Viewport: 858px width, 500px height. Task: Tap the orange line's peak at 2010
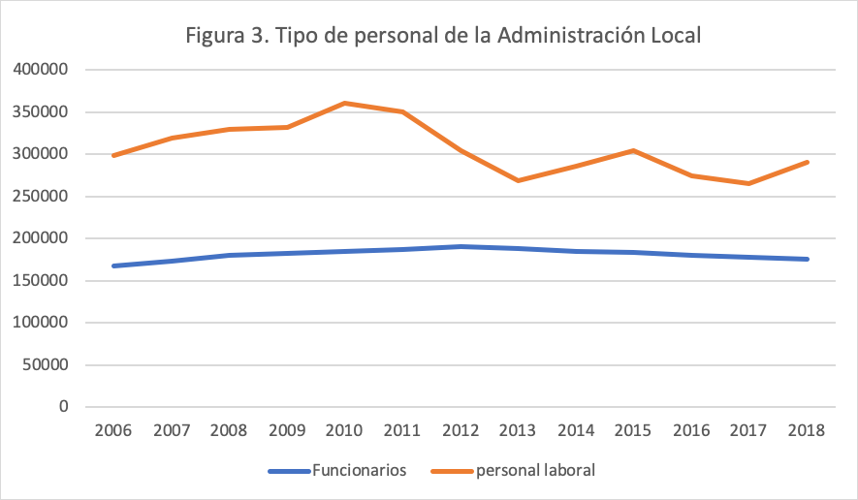point(345,103)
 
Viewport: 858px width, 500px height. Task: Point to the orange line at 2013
point(519,180)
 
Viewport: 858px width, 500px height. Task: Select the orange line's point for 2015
point(634,150)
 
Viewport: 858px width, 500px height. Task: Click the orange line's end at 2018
point(808,162)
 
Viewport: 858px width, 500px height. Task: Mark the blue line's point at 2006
point(114,266)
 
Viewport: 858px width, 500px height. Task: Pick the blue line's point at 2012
point(461,246)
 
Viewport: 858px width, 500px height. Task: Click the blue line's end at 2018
point(808,259)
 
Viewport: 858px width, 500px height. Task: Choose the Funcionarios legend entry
point(359,471)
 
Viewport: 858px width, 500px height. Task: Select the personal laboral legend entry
point(534,471)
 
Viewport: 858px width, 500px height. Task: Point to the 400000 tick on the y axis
point(41,70)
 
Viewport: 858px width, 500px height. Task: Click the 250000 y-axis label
point(41,197)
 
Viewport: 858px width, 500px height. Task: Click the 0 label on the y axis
point(63,407)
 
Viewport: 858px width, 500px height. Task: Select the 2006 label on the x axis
point(114,430)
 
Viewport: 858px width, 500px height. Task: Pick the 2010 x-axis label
point(345,430)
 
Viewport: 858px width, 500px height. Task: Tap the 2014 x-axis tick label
point(576,430)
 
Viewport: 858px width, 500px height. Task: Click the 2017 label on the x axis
point(749,430)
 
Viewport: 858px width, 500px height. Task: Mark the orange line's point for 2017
point(749,183)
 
